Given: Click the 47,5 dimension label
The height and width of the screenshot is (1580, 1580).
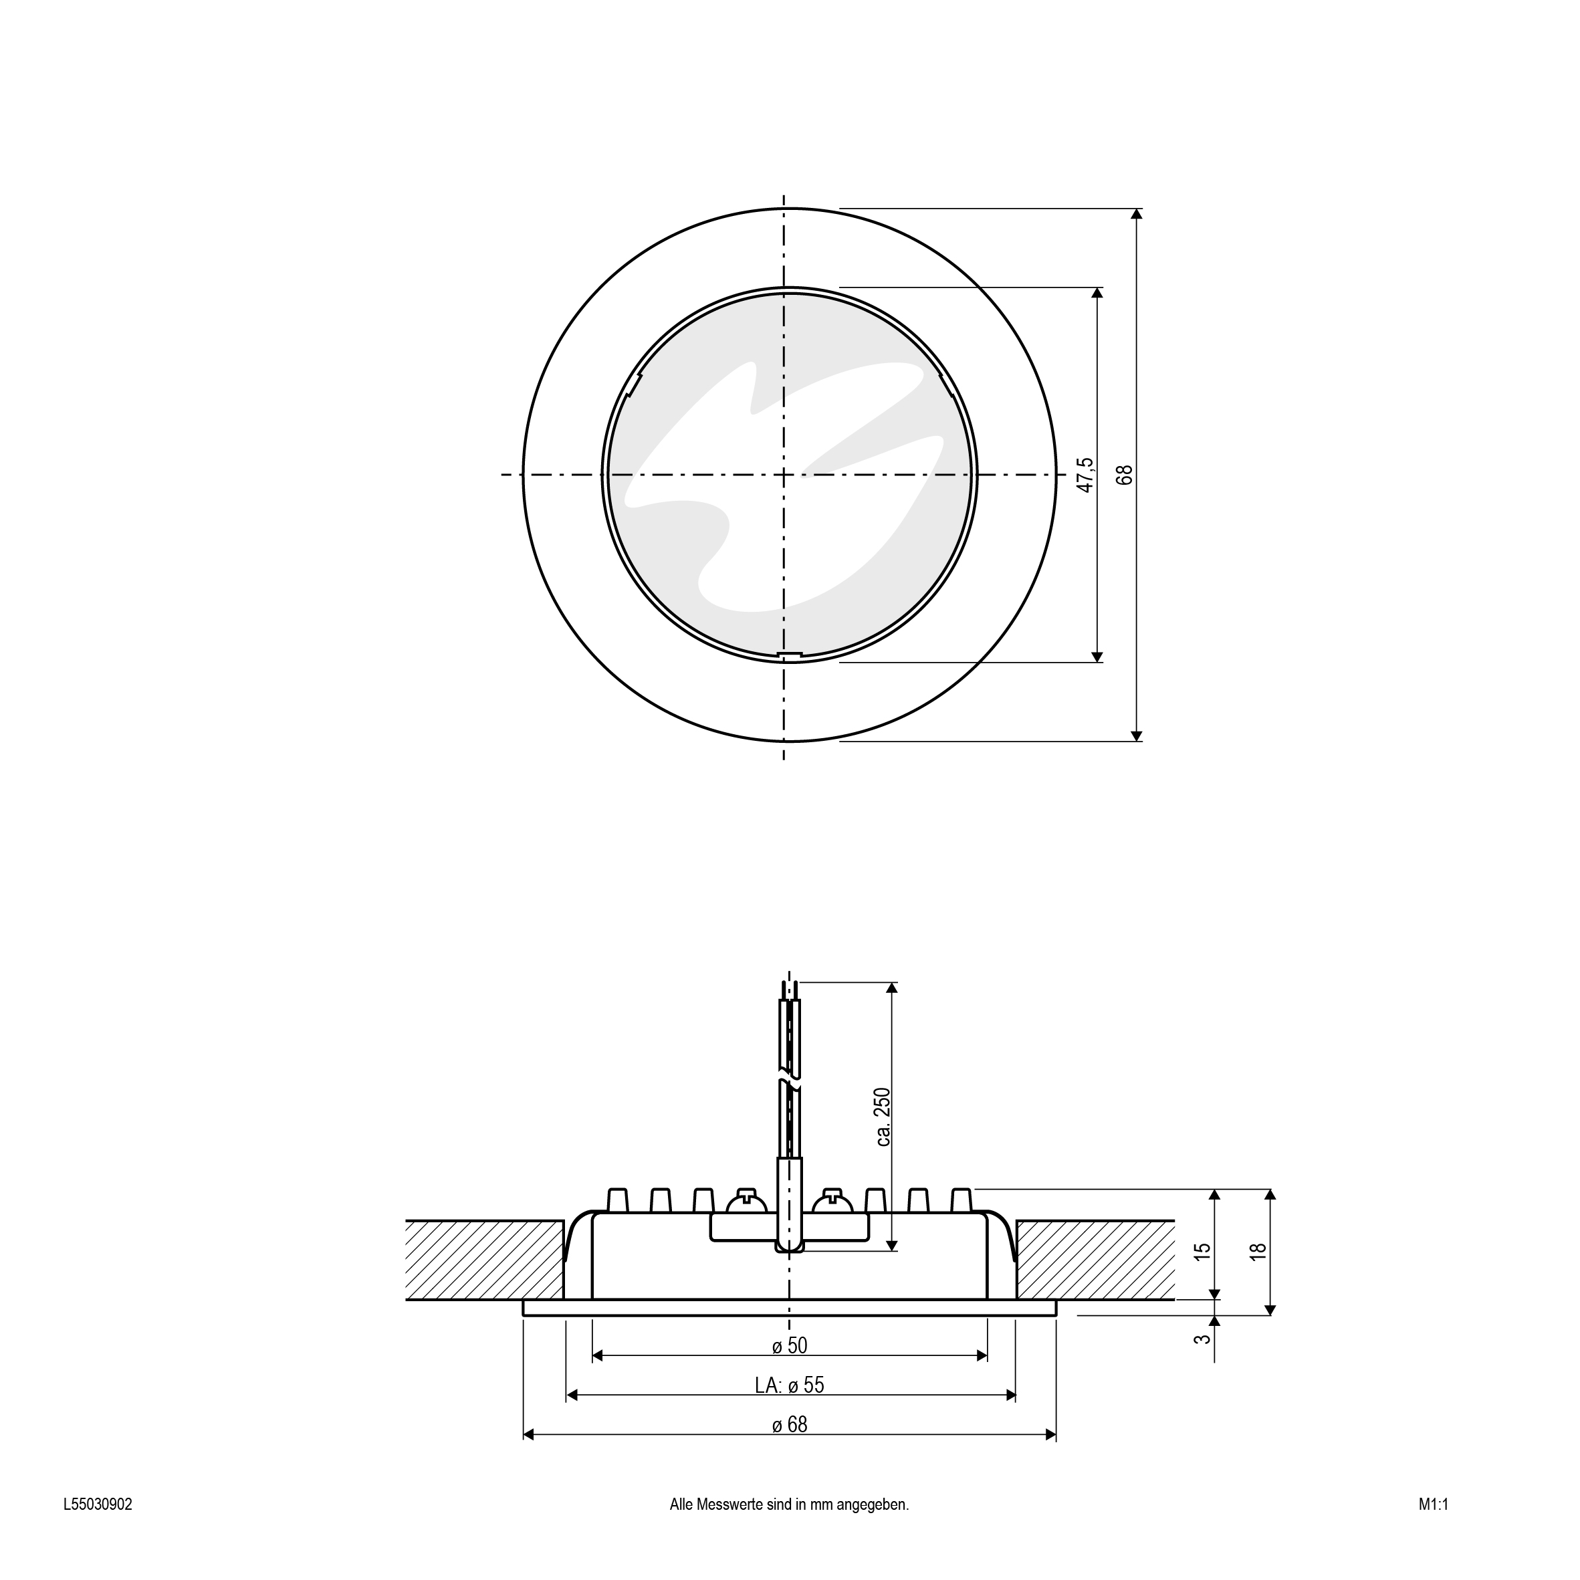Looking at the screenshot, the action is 1085,475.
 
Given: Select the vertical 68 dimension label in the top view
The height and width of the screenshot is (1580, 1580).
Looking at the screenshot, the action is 1125,475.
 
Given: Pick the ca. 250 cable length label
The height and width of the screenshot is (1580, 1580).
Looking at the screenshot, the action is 883,1117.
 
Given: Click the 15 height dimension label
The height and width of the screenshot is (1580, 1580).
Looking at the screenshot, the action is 1202,1251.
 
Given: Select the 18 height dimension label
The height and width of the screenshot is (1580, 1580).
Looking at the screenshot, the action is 1258,1251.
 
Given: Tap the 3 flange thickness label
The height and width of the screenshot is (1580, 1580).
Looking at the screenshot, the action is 1202,1339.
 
